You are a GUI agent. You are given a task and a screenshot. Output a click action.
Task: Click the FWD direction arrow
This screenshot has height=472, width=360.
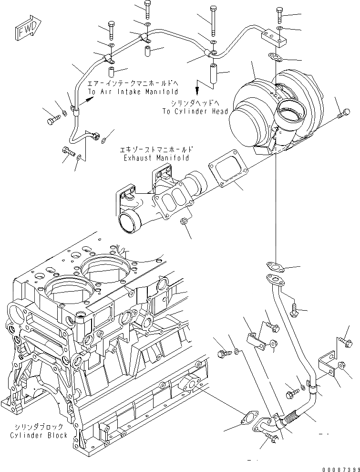coord(28,30)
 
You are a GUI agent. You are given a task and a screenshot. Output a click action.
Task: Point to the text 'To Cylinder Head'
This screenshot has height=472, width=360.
coord(189,111)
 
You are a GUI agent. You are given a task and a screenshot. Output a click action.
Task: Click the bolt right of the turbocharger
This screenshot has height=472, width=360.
coord(340,115)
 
